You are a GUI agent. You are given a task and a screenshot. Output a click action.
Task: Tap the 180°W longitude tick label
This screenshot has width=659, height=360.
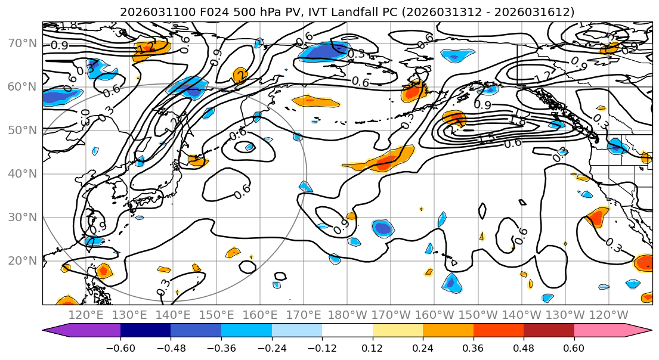tap(347, 315)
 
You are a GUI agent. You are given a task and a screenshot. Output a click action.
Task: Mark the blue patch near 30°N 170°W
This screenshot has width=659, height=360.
tap(383, 228)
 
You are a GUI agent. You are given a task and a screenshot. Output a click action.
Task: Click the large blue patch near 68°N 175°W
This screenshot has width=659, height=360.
tap(326, 52)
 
